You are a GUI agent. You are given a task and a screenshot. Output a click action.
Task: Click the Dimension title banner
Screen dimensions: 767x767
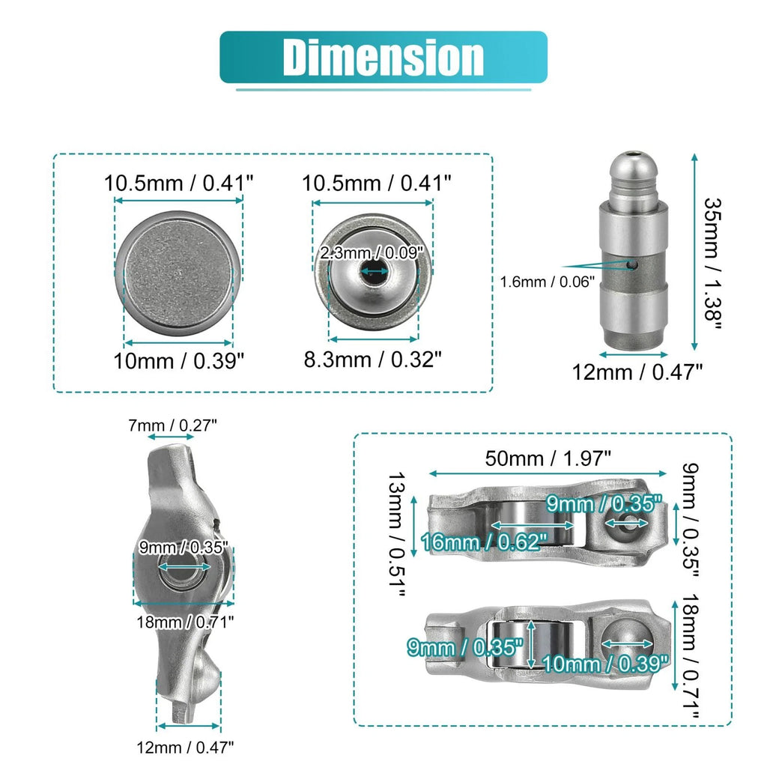coord(383,57)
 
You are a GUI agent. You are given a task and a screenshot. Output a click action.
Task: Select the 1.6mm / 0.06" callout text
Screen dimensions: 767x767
coord(548,282)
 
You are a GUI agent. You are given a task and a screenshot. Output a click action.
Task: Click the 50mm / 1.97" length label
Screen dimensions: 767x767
coord(548,459)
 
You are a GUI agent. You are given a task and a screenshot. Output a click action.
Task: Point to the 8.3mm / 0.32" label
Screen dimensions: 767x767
coord(373,360)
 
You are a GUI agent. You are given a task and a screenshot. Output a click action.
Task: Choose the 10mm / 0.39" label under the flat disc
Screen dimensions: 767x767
coord(178,361)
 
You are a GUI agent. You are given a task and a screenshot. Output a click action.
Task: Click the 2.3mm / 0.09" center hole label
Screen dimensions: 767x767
coord(372,253)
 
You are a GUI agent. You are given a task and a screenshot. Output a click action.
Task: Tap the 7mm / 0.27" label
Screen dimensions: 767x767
coord(172,425)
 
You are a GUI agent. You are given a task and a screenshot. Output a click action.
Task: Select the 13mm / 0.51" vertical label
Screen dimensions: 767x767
coord(395,534)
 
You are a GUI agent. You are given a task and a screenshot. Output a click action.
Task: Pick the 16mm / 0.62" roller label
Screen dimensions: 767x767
coord(484,542)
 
